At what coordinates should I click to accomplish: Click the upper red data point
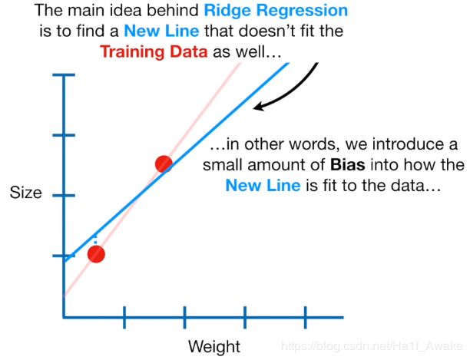[x=164, y=163]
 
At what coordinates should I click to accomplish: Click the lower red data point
[x=96, y=254]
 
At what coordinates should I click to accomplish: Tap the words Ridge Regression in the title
[x=276, y=11]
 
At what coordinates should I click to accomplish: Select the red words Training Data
[x=154, y=51]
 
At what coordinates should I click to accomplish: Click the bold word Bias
[x=348, y=165]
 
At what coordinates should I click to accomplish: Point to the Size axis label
[x=26, y=192]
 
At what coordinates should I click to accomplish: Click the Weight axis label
[x=214, y=346]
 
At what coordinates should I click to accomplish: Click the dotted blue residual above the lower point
[x=95, y=240]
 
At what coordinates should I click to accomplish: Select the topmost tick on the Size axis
[x=64, y=75]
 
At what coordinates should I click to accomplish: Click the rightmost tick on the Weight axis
[x=306, y=317]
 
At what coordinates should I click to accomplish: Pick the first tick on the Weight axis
[x=124, y=317]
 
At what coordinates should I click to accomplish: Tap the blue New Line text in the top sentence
[x=161, y=31]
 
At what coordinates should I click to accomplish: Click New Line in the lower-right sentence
[x=263, y=186]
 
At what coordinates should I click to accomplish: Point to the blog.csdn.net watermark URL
[x=372, y=346]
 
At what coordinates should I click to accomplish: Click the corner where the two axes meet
[x=64, y=317]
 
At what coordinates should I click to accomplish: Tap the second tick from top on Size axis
[x=64, y=135]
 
